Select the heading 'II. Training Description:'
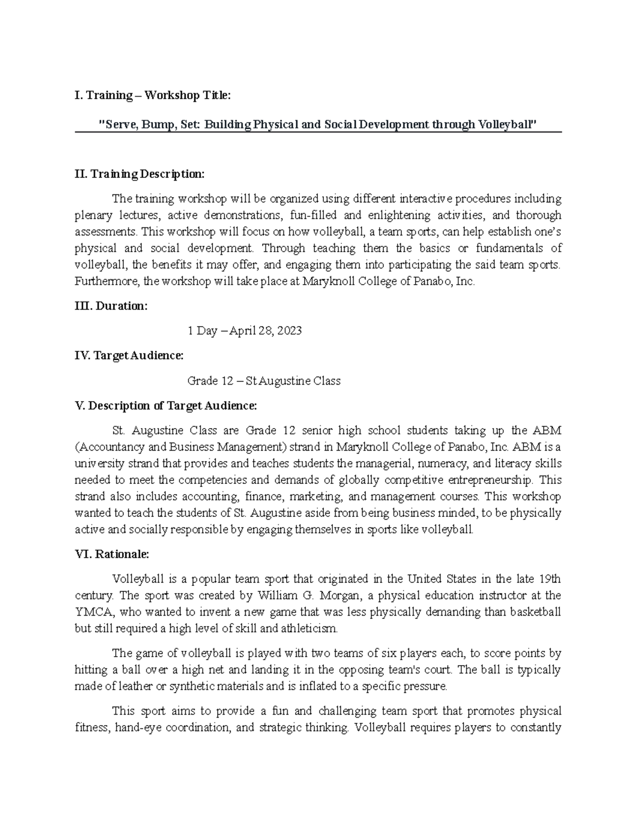[x=139, y=174]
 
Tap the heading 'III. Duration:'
[x=111, y=306]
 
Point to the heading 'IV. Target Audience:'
[x=129, y=355]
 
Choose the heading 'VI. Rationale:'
[x=112, y=554]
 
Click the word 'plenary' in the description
[x=93, y=215]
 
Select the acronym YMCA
[x=93, y=612]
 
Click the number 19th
[x=550, y=579]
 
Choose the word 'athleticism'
[x=311, y=628]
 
